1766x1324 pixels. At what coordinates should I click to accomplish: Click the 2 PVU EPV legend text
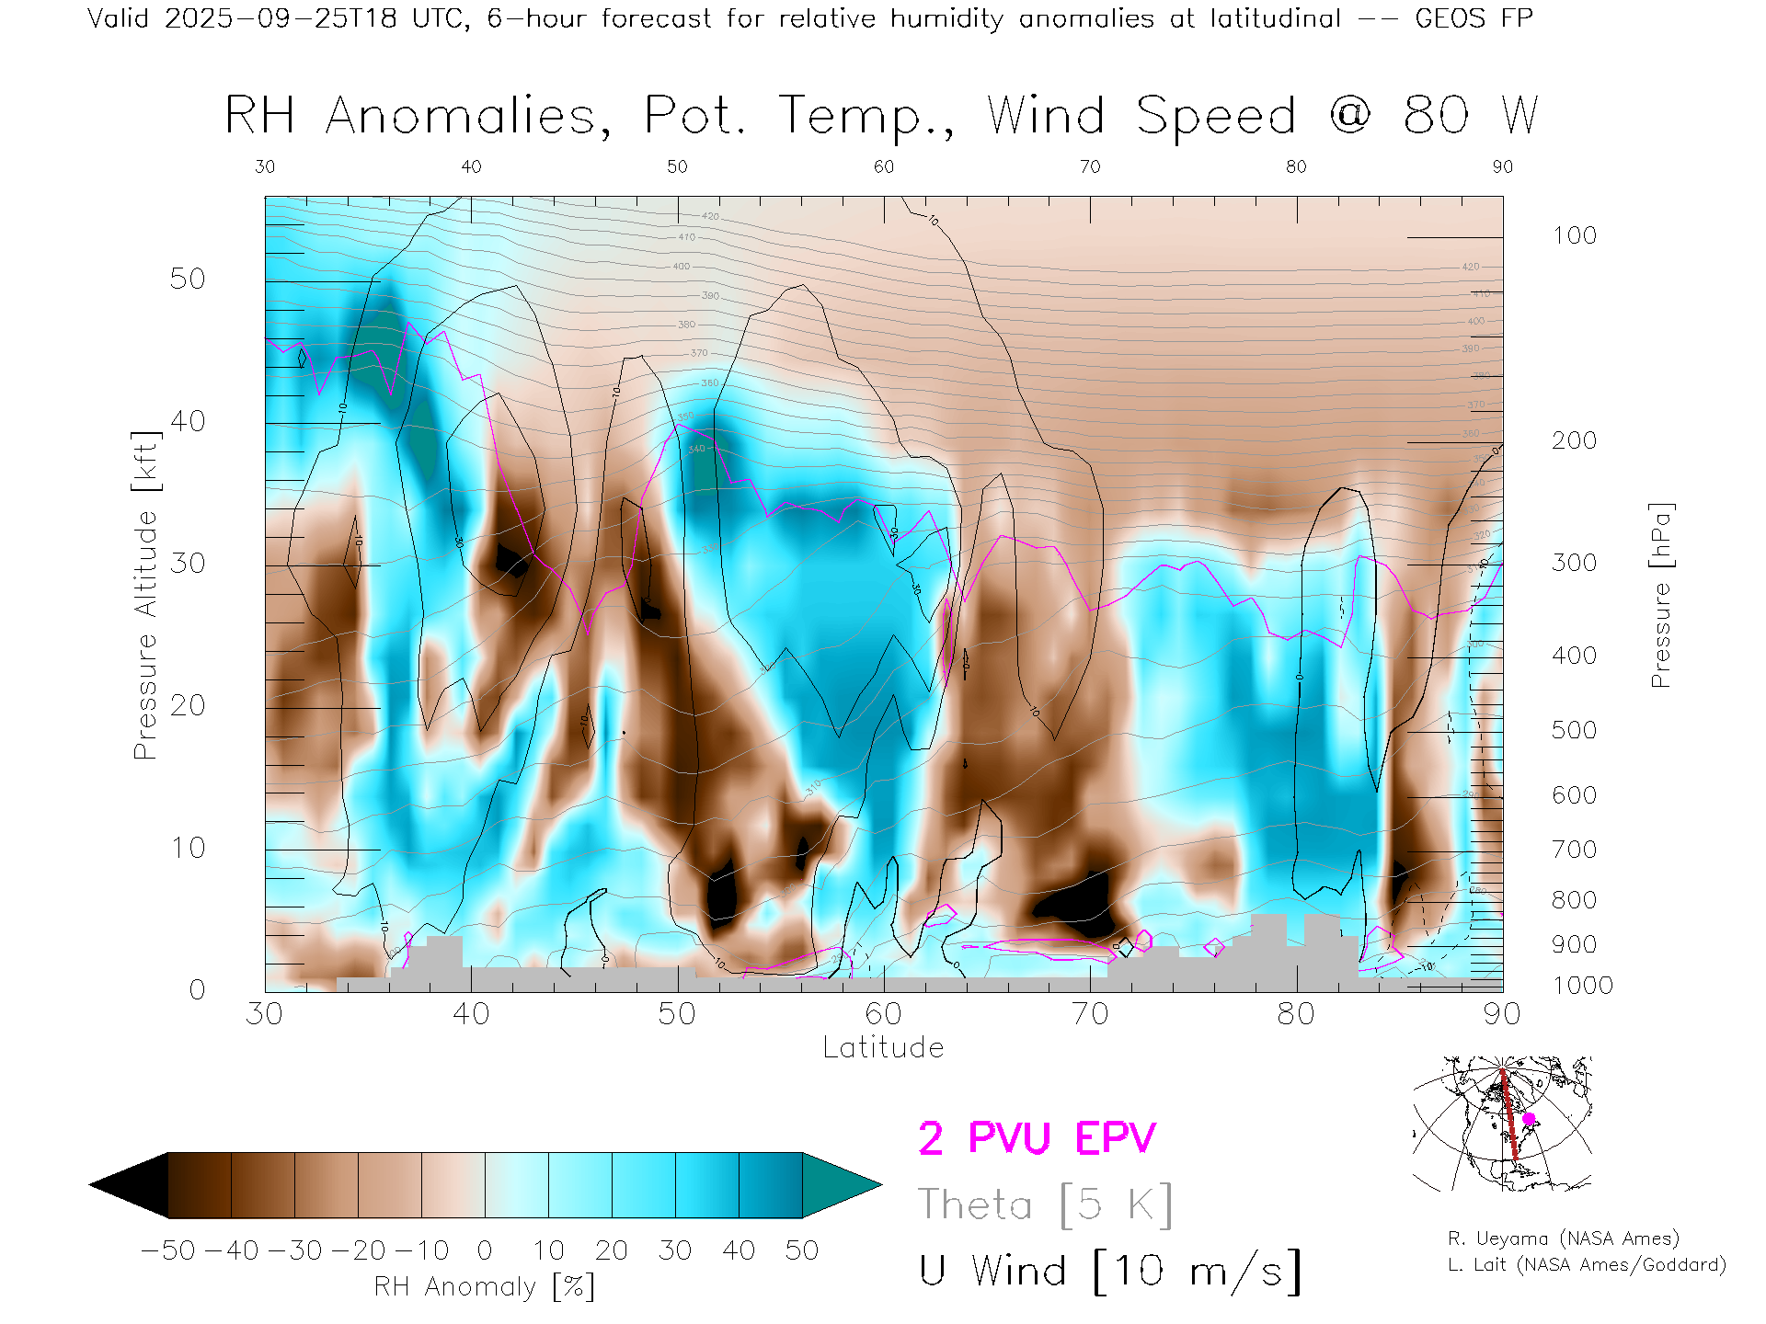pyautogui.click(x=1037, y=1138)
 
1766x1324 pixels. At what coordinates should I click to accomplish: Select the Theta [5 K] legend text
pyautogui.click(x=1045, y=1204)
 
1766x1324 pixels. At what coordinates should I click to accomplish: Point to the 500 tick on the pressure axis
pyautogui.click(x=1574, y=730)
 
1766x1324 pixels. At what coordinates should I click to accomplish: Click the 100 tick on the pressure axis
pyautogui.click(x=1574, y=235)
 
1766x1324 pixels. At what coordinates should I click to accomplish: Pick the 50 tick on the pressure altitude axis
pyautogui.click(x=188, y=279)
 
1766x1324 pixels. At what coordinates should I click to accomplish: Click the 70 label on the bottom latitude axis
pyautogui.click(x=1090, y=1013)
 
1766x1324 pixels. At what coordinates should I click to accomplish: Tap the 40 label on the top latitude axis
pyautogui.click(x=471, y=166)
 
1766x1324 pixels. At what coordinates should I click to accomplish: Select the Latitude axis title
pyautogui.click(x=883, y=1047)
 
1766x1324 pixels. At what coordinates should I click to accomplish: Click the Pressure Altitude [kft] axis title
pyautogui.click(x=145, y=595)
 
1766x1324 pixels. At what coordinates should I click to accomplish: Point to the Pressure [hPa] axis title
pyautogui.click(x=1660, y=595)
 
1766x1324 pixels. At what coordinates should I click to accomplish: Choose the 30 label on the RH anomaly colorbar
pyautogui.click(x=674, y=1250)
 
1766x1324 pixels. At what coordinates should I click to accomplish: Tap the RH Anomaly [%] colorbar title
pyautogui.click(x=484, y=1286)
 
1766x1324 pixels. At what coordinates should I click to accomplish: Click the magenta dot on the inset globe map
pyautogui.click(x=1529, y=1119)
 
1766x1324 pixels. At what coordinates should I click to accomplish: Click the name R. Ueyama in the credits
pyautogui.click(x=1497, y=1238)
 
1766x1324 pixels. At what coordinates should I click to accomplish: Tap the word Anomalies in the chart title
pyautogui.click(x=467, y=117)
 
